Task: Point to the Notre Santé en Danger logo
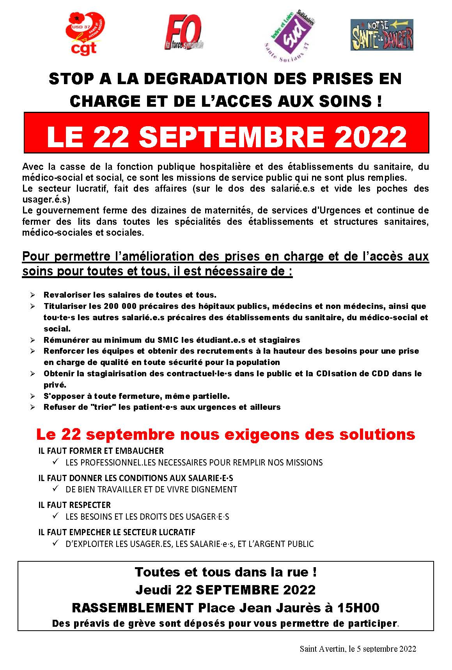(381, 35)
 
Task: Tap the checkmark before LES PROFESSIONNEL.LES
(55, 462)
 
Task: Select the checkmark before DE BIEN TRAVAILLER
(55, 489)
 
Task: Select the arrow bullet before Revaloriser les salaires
(33, 295)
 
